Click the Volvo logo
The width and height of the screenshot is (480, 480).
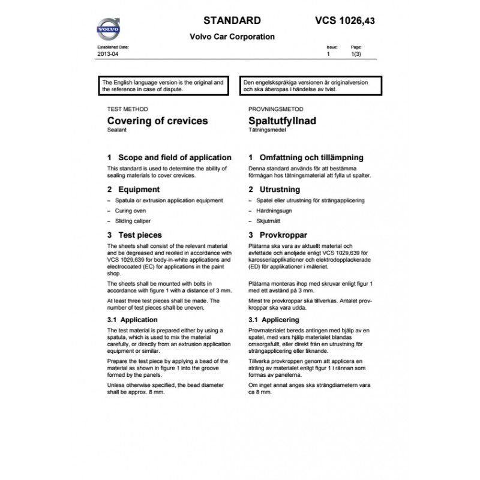pyautogui.click(x=109, y=29)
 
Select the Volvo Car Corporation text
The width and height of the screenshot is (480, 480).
pyautogui.click(x=232, y=37)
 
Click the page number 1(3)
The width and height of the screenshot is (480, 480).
pyautogui.click(x=356, y=54)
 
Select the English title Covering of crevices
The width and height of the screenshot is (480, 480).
pyautogui.click(x=157, y=121)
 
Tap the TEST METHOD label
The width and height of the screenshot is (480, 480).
pyautogui.click(x=127, y=110)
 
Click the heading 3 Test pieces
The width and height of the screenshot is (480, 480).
pyautogui.click(x=134, y=235)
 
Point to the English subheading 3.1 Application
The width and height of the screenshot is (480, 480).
pyautogui.click(x=132, y=320)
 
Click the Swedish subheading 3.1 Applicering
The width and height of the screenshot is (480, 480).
pyautogui.click(x=276, y=320)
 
